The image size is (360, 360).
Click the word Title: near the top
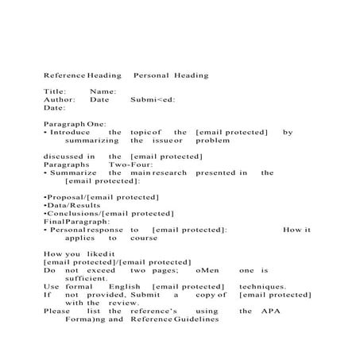56,92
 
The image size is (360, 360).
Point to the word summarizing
92,141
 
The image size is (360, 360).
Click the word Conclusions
73,213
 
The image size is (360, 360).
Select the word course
144,238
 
